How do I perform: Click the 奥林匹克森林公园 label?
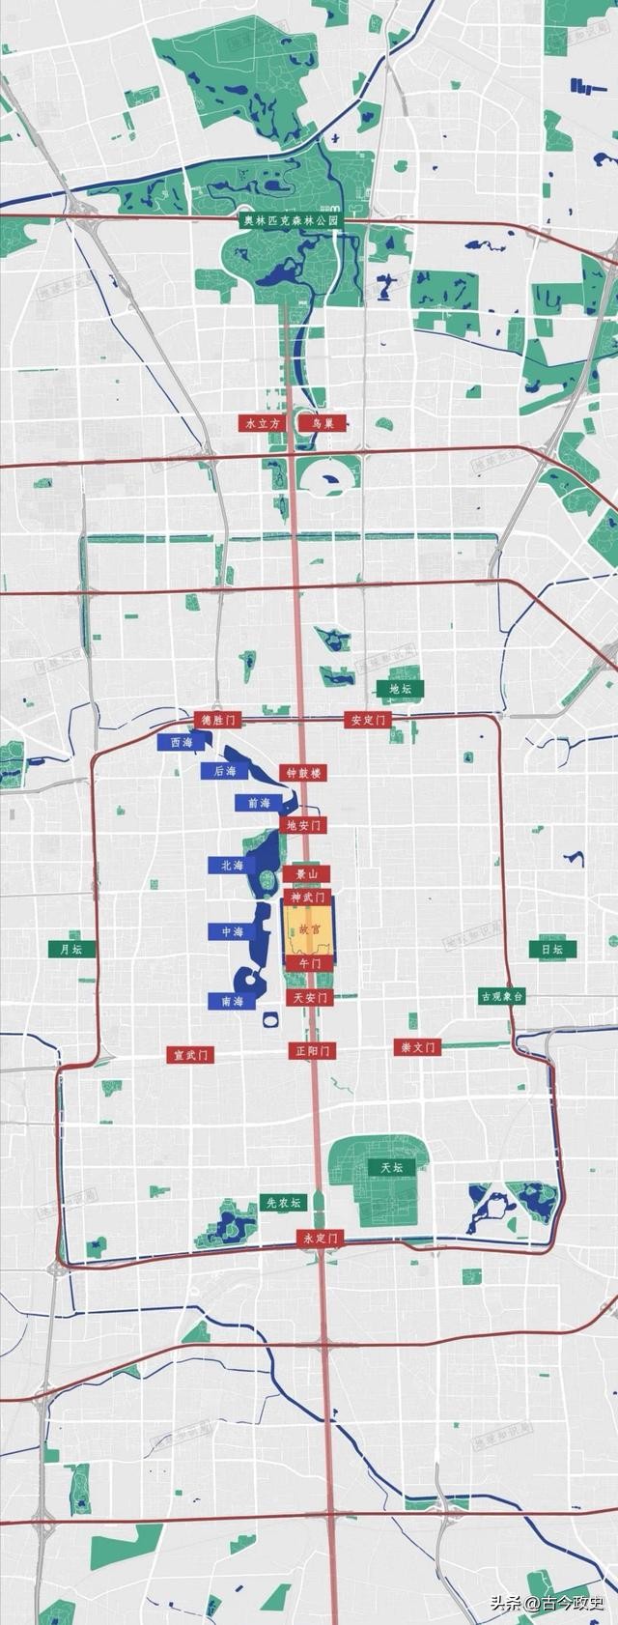(292, 220)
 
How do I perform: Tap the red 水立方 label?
(262, 423)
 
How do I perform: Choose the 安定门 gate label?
(368, 721)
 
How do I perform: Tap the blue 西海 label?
(181, 742)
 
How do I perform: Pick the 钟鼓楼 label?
(303, 773)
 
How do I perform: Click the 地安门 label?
(303, 824)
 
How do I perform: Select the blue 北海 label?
(232, 866)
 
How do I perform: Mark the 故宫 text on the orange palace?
(308, 928)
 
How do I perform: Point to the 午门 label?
(309, 963)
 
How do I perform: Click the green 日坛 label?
(551, 950)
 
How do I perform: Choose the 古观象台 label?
(502, 997)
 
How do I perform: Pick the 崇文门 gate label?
(417, 1047)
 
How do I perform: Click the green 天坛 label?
(390, 1168)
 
